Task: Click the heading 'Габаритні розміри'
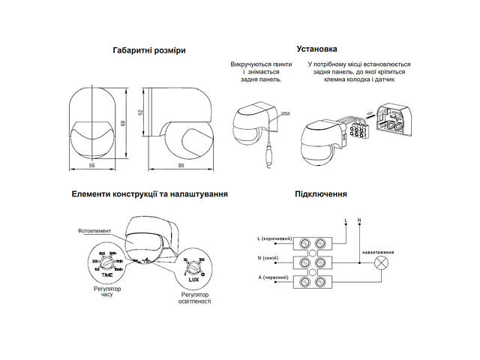point(148,50)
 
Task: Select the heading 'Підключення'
point(320,193)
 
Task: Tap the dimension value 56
point(91,163)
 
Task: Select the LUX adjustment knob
point(193,266)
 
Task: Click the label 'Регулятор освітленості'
point(194,298)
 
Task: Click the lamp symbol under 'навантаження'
point(381,263)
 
